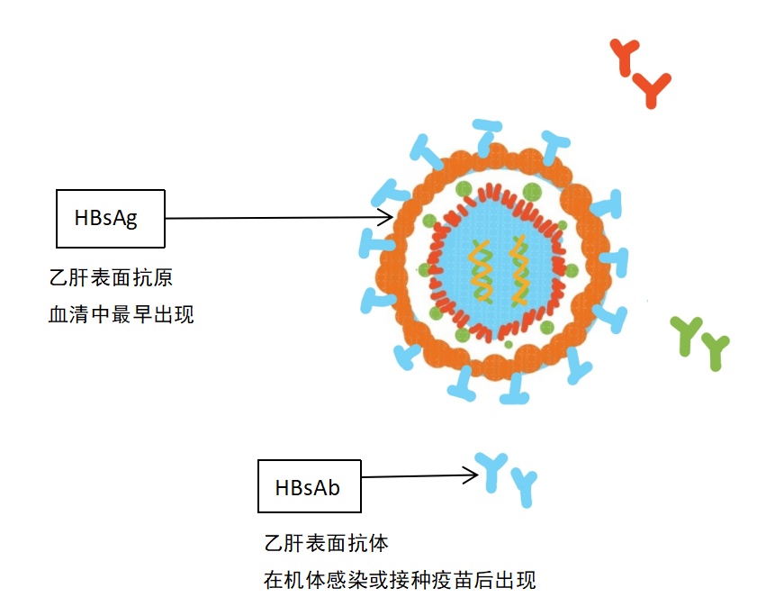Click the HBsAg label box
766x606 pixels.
pyautogui.click(x=111, y=219)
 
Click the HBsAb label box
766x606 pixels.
pyautogui.click(x=310, y=486)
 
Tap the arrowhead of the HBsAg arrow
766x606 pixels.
pyautogui.click(x=387, y=218)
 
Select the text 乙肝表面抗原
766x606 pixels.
pyautogui.click(x=111, y=277)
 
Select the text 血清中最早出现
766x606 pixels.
pyautogui.click(x=122, y=314)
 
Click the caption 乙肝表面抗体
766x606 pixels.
pyautogui.click(x=327, y=543)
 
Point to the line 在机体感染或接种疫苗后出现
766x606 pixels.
pyautogui.click(x=400, y=580)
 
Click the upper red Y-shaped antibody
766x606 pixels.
pyautogui.click(x=625, y=56)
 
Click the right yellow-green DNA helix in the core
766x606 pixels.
pyautogui.click(x=518, y=270)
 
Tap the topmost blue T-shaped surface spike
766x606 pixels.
pyautogui.click(x=487, y=135)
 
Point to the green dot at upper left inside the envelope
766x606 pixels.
pyautogui.click(x=464, y=188)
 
